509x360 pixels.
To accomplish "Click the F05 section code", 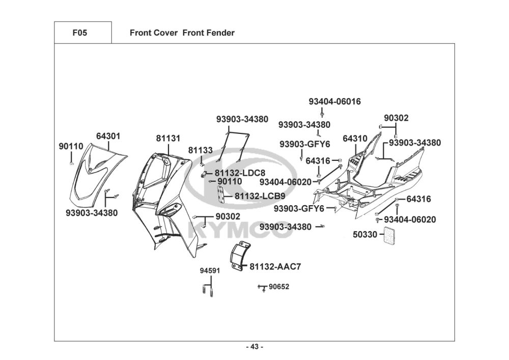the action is [80, 33].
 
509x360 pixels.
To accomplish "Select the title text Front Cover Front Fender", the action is [182, 33].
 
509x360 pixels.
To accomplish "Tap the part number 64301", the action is [108, 136].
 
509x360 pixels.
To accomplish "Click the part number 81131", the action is [168, 139].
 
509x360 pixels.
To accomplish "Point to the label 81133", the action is [201, 150].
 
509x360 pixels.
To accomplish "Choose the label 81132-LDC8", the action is [240, 173].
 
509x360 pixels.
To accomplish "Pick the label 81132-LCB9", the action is [260, 196].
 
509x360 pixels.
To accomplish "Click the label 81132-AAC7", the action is [275, 266].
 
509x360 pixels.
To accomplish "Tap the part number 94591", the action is [210, 271].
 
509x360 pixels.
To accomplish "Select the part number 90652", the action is [279, 287].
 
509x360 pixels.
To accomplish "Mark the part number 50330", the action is [365, 234].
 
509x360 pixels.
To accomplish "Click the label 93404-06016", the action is [335, 102].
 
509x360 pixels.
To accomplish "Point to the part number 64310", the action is [355, 139].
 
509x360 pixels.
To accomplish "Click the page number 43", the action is [255, 347].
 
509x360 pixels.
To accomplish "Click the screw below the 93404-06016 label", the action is [322, 114].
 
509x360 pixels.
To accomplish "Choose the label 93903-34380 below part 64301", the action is [92, 213].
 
